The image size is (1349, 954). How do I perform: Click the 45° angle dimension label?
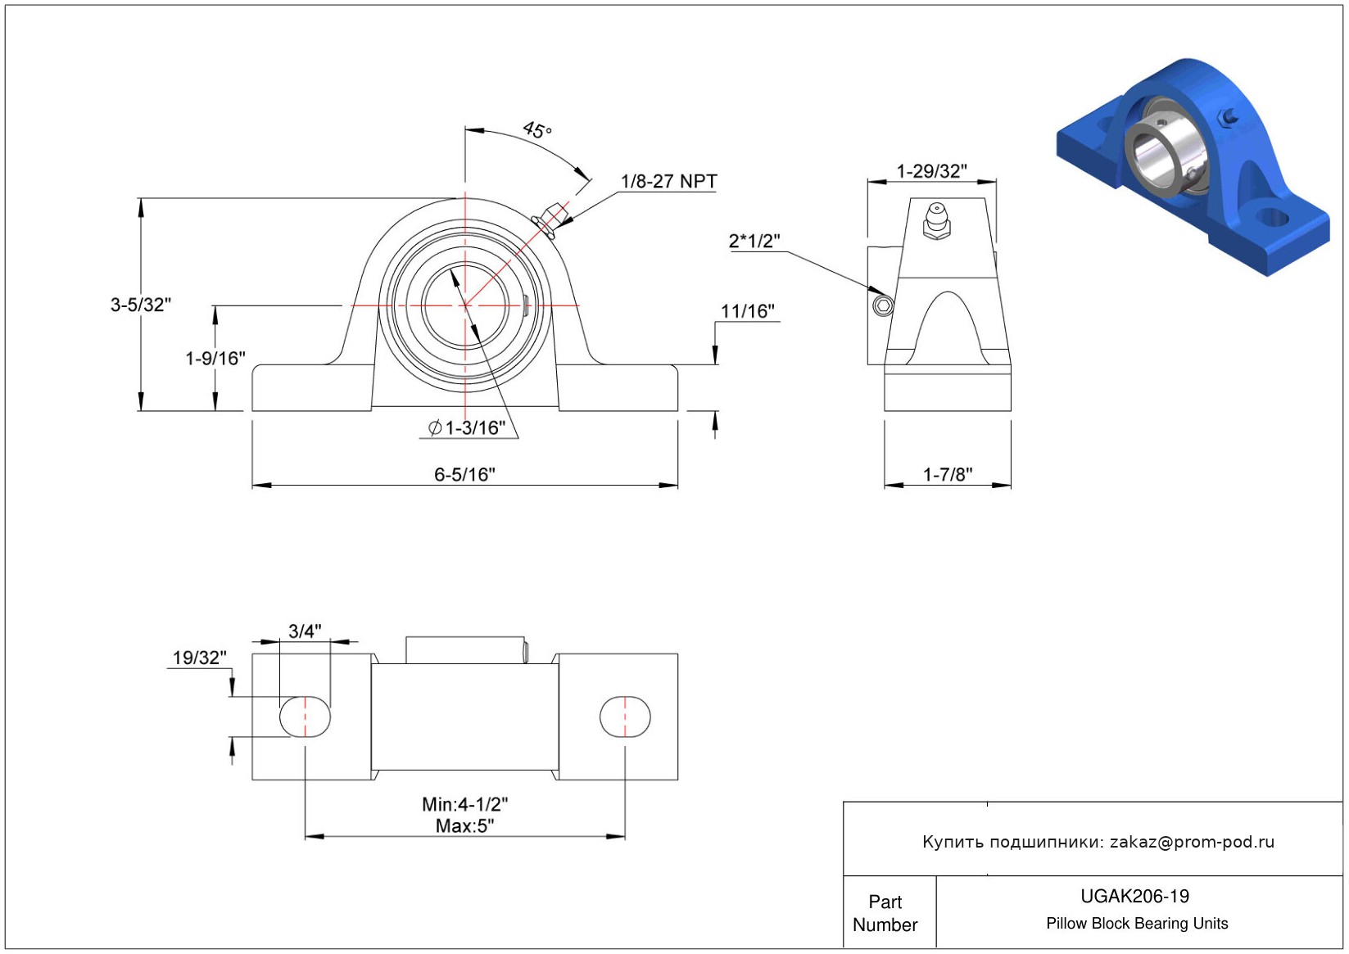click(537, 129)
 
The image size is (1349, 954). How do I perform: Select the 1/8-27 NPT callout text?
click(668, 181)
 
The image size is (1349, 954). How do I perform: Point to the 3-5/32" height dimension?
click(141, 305)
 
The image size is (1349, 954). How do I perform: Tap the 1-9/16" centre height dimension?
click(215, 358)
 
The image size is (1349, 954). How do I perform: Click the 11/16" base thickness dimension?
click(747, 311)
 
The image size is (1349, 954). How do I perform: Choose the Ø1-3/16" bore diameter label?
click(467, 427)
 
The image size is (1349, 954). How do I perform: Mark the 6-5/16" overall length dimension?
click(464, 474)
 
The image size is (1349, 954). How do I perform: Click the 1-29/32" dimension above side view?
click(931, 171)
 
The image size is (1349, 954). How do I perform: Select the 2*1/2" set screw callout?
click(754, 241)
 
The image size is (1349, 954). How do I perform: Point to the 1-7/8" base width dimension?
click(948, 474)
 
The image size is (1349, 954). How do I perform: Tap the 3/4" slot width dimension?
click(305, 631)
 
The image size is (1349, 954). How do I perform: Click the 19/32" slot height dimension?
click(199, 658)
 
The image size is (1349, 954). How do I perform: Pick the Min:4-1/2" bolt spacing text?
click(464, 804)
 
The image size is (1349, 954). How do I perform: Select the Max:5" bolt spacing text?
click(464, 825)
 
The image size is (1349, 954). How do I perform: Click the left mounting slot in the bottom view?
click(306, 717)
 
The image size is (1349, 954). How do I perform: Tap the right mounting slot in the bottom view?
click(625, 717)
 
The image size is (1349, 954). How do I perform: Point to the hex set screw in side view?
click(882, 305)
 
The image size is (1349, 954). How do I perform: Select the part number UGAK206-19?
click(1134, 896)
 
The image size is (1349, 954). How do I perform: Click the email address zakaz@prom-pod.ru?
click(1192, 842)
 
